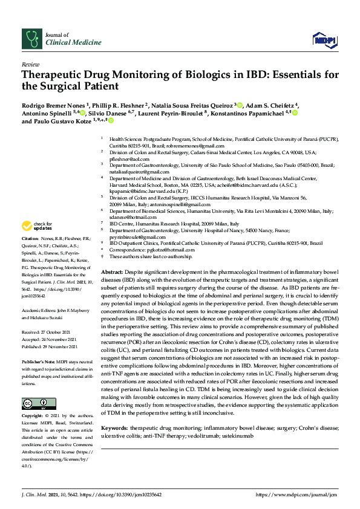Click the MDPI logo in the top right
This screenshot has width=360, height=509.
pos(324,39)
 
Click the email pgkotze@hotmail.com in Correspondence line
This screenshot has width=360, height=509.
pos(169,250)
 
